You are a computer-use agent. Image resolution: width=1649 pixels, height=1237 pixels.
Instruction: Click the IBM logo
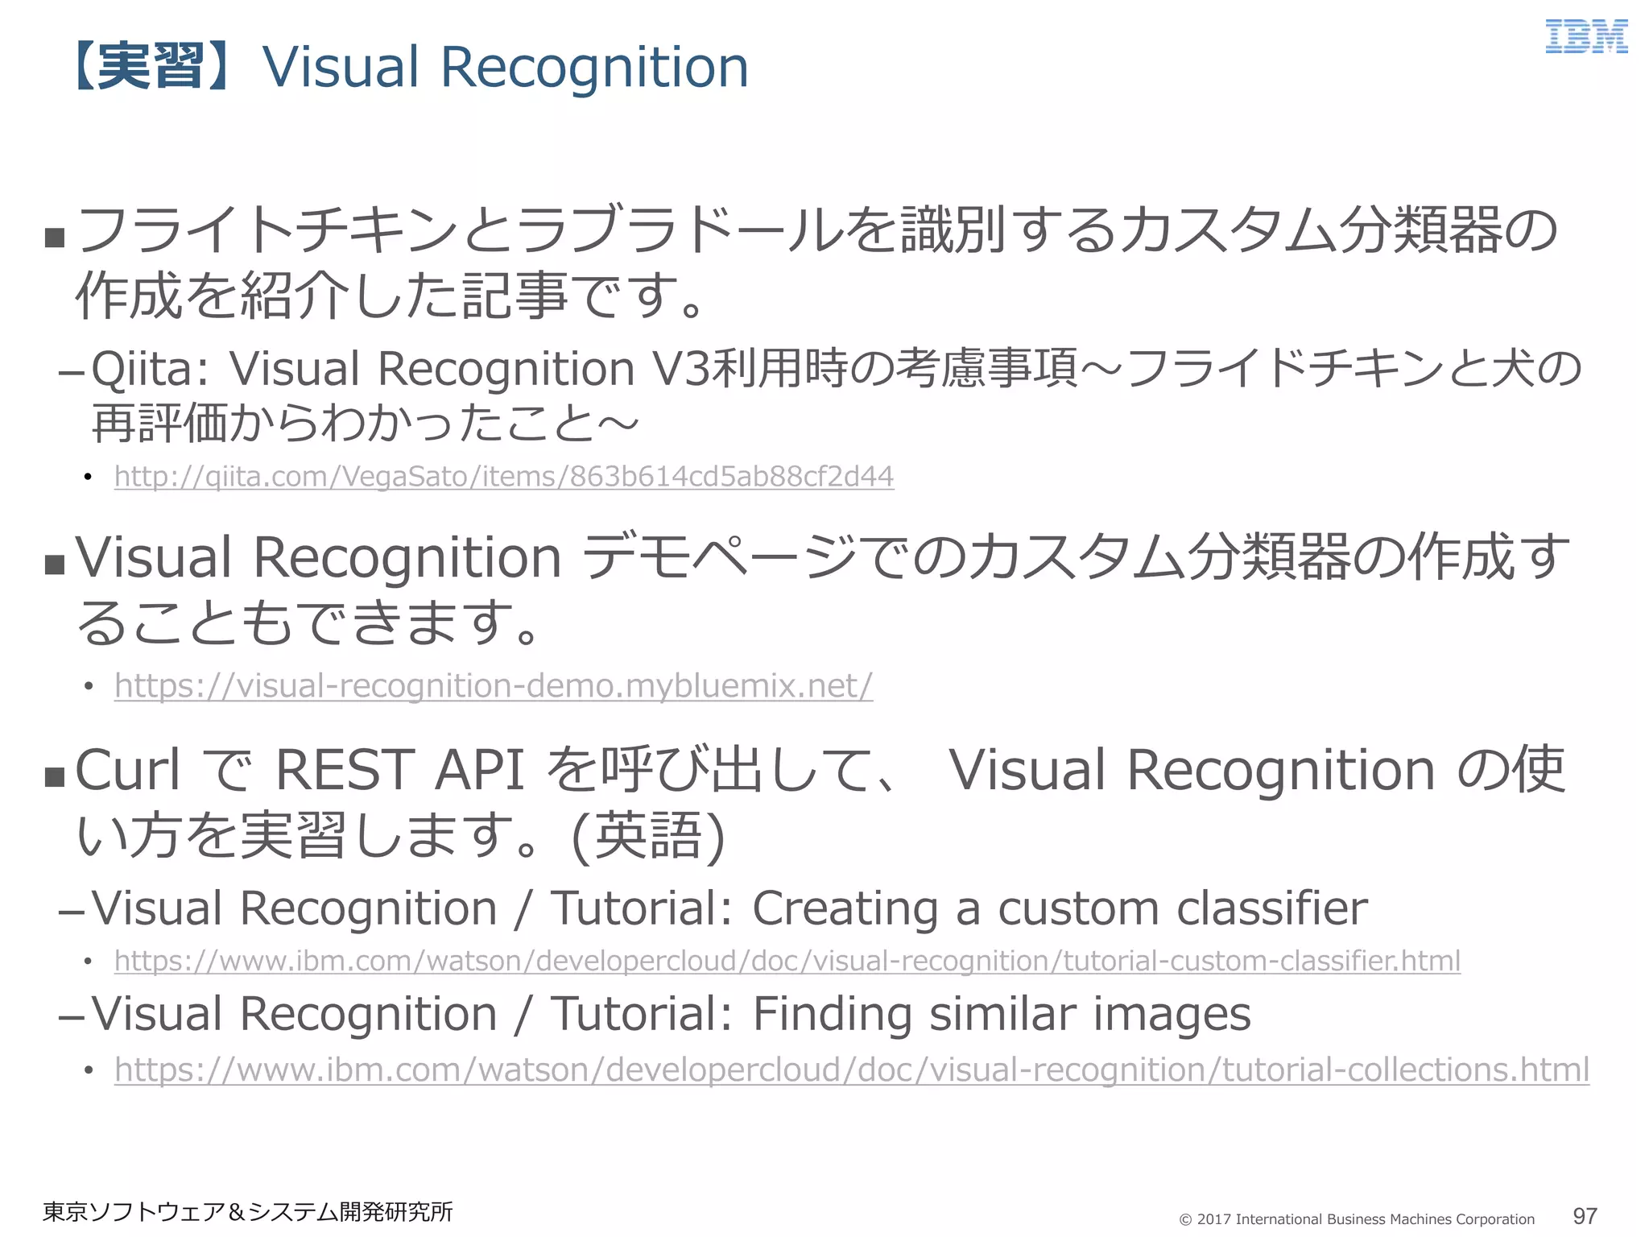tap(1585, 37)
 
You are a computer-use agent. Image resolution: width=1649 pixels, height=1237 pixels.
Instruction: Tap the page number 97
tap(1585, 1216)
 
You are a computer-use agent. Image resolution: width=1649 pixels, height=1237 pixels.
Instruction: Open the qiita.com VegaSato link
tap(504, 476)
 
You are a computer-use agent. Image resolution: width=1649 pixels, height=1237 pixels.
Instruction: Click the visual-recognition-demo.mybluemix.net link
tap(494, 685)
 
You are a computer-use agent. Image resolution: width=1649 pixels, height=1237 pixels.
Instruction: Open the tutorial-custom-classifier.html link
tap(787, 961)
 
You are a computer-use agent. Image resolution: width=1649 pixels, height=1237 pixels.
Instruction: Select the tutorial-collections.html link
tap(851, 1069)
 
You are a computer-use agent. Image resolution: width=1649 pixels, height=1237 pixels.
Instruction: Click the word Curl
tap(127, 770)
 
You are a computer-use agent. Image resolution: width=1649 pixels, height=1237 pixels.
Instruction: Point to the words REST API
tap(399, 770)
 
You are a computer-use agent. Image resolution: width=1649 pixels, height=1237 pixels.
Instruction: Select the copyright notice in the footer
tap(1357, 1219)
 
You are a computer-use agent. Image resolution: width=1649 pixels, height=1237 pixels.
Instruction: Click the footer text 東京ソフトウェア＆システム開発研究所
tap(248, 1212)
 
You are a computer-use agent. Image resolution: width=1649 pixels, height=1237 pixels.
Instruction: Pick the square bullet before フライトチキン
tap(55, 238)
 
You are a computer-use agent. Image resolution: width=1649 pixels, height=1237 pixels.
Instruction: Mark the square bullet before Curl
tap(55, 777)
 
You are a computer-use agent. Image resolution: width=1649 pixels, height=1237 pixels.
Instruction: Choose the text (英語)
tap(648, 836)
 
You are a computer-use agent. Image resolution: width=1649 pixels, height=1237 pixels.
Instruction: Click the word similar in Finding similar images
tap(1002, 1014)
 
